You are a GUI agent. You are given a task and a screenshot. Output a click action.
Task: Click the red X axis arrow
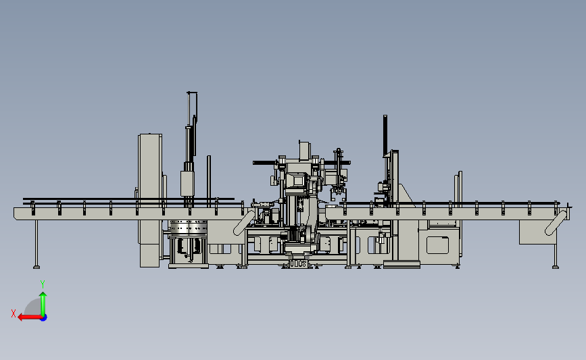30,317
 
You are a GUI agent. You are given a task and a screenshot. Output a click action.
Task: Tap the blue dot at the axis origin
44,318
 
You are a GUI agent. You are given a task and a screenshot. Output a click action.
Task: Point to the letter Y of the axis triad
43,284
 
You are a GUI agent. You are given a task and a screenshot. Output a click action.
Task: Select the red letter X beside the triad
14,313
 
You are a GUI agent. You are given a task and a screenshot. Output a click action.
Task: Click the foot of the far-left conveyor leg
36,267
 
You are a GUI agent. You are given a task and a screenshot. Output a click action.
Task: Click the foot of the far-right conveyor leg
556,267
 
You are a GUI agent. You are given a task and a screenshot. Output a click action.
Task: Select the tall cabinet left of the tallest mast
150,200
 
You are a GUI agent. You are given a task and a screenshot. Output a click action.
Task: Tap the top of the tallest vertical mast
192,93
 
